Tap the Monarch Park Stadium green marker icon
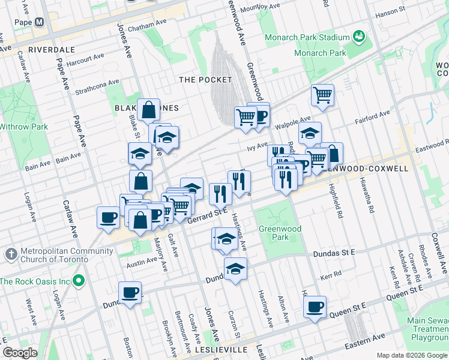[360, 37]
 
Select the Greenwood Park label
[274, 233]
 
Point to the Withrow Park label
[23, 127]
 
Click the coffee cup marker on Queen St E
[315, 308]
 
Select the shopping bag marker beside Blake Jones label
[148, 110]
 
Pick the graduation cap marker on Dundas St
[236, 269]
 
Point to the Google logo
[20, 353]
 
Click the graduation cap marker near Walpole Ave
[310, 134]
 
